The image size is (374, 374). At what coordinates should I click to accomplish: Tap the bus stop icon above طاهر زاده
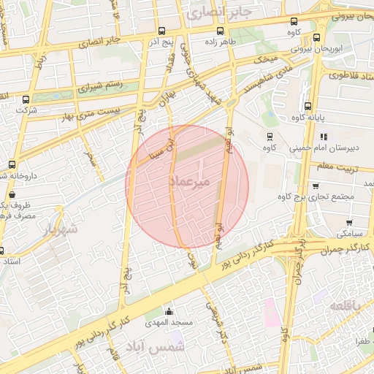(220, 31)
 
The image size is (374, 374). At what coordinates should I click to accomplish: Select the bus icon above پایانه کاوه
(308, 105)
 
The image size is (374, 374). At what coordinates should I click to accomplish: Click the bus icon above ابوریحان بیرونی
(316, 37)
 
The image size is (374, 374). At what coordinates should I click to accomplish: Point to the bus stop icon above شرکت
(26, 99)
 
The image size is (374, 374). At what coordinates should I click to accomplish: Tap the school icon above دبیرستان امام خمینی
(323, 136)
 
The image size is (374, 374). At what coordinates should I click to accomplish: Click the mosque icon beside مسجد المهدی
(169, 312)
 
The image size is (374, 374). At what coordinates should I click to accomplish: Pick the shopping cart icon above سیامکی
(349, 222)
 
